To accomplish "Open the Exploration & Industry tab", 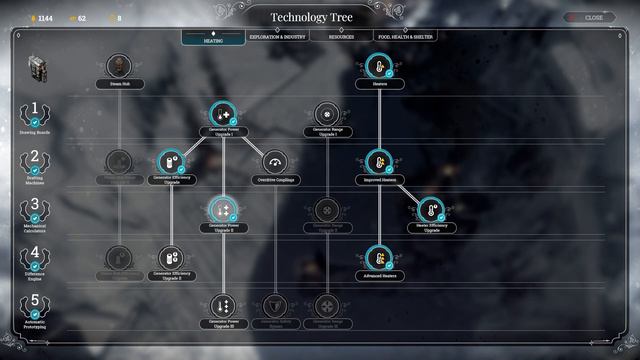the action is [x=279, y=36].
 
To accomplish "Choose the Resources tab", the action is [x=341, y=36].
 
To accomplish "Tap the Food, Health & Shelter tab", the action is [x=404, y=36].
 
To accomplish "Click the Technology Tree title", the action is [x=319, y=17].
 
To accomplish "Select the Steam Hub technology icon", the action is [x=119, y=66].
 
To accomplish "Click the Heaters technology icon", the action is [x=378, y=66].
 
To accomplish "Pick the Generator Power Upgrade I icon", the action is [x=222, y=115].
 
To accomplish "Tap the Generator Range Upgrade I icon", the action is [x=327, y=115].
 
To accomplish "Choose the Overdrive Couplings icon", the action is [x=274, y=162].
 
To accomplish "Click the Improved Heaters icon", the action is [x=378, y=162].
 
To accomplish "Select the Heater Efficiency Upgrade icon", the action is [x=430, y=210].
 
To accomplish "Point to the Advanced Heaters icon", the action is [x=378, y=257].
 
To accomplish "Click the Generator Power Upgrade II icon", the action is [x=222, y=210].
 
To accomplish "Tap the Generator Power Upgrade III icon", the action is [x=222, y=305].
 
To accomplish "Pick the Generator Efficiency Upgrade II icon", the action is [x=170, y=257].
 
